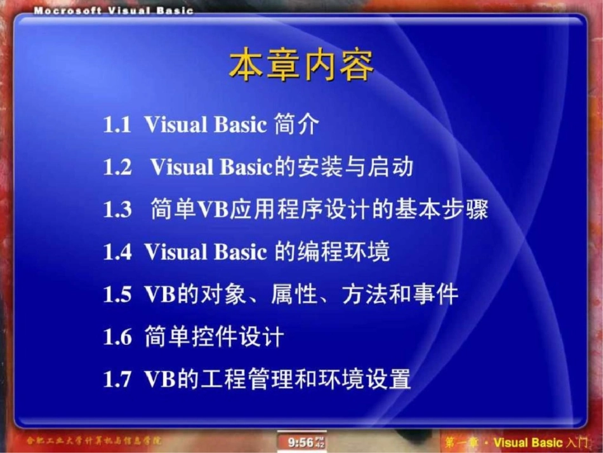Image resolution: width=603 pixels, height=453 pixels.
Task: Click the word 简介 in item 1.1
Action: pyautogui.click(x=296, y=125)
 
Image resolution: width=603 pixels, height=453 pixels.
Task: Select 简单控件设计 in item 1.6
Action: pyautogui.click(x=213, y=337)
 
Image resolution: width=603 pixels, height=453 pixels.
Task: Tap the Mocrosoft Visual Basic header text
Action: pyautogui.click(x=113, y=11)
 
